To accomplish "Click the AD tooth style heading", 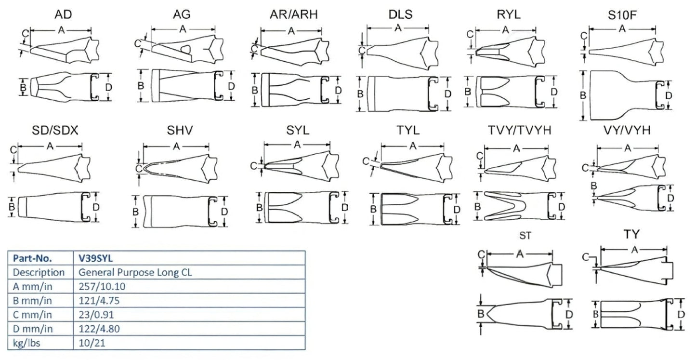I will (x=63, y=14).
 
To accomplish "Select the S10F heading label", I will (x=622, y=14).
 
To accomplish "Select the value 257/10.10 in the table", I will (x=99, y=286).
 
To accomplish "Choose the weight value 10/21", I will (x=88, y=343).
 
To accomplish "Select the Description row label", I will (x=39, y=272).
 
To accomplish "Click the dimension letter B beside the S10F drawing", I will (x=583, y=95).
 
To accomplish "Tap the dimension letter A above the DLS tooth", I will (x=398, y=28).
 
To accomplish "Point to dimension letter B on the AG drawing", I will (x=141, y=86).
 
